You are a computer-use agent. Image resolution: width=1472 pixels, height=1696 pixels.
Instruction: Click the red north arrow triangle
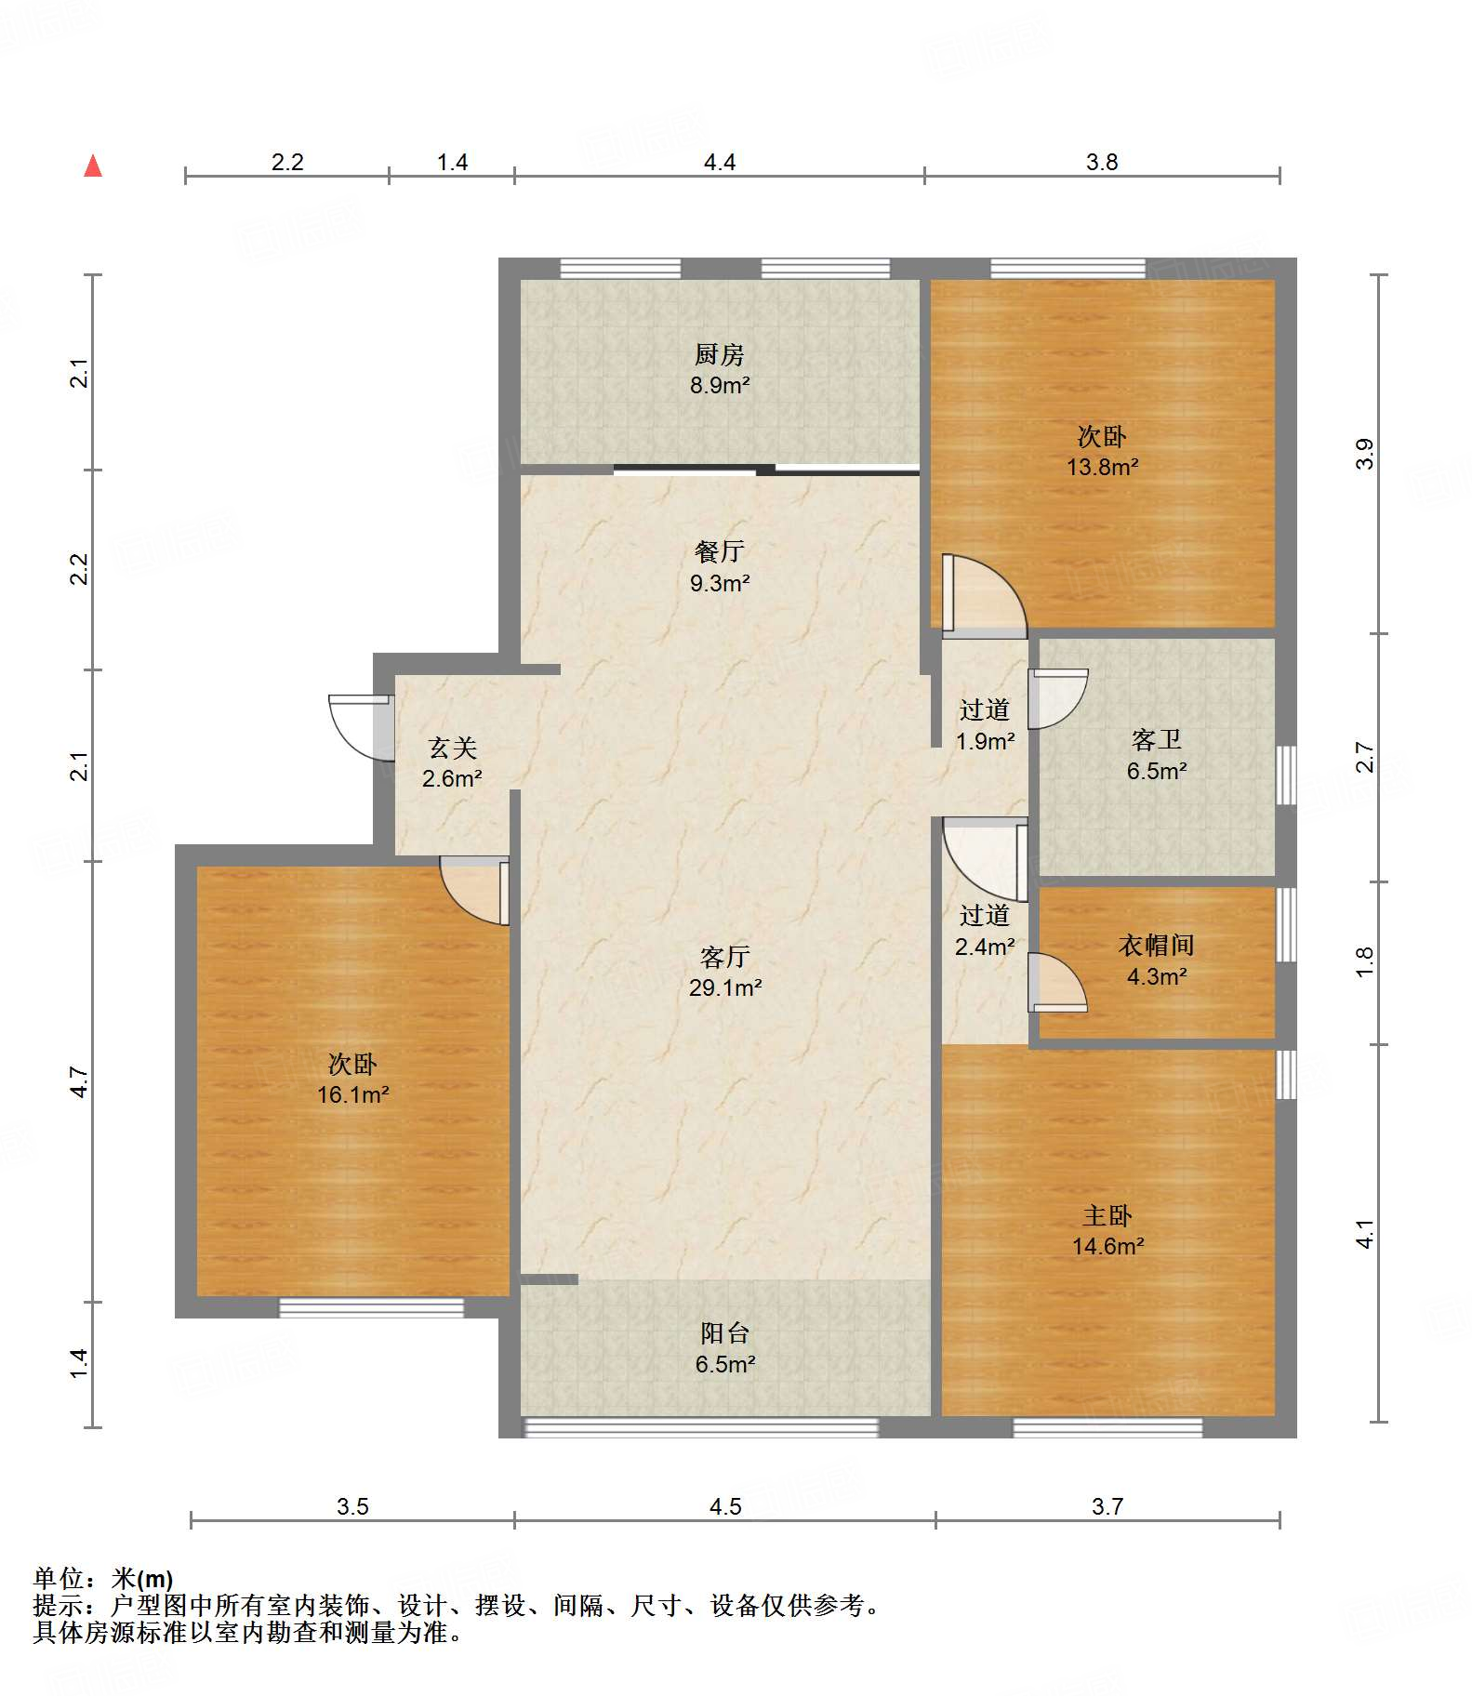point(93,166)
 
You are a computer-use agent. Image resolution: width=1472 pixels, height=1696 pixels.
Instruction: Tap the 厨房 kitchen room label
point(720,354)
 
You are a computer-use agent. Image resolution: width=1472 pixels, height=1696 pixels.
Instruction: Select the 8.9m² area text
point(720,385)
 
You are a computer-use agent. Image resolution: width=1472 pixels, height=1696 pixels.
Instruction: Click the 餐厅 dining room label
point(720,551)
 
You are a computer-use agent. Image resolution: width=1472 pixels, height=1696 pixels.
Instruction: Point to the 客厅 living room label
point(725,957)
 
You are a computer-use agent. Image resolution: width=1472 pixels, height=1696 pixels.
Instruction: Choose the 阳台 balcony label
point(725,1333)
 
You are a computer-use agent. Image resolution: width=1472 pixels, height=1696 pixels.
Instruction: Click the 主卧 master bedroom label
point(1107,1215)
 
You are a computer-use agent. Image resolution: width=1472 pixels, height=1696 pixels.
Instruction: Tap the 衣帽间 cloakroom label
point(1157,946)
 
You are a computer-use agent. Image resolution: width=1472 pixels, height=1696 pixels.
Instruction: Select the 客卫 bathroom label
point(1157,740)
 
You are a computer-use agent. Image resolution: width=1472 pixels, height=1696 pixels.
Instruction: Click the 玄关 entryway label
point(453,748)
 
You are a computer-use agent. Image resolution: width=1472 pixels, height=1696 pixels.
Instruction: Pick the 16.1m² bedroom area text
point(353,1094)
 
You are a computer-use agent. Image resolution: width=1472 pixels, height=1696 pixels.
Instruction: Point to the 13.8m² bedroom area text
point(1103,467)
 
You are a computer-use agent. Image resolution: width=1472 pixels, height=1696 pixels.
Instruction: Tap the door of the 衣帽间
point(1057,982)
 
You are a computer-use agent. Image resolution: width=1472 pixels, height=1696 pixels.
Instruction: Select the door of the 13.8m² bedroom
point(984,596)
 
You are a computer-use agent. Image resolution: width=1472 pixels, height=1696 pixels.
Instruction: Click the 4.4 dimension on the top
point(720,162)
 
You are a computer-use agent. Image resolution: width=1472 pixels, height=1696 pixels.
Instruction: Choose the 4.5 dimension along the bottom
point(725,1506)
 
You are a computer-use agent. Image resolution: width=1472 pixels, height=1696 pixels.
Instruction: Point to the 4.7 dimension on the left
point(80,1081)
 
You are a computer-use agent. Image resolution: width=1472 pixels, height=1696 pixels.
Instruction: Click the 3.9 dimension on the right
point(1364,454)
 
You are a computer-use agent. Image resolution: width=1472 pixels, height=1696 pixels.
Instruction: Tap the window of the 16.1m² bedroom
point(371,1307)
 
